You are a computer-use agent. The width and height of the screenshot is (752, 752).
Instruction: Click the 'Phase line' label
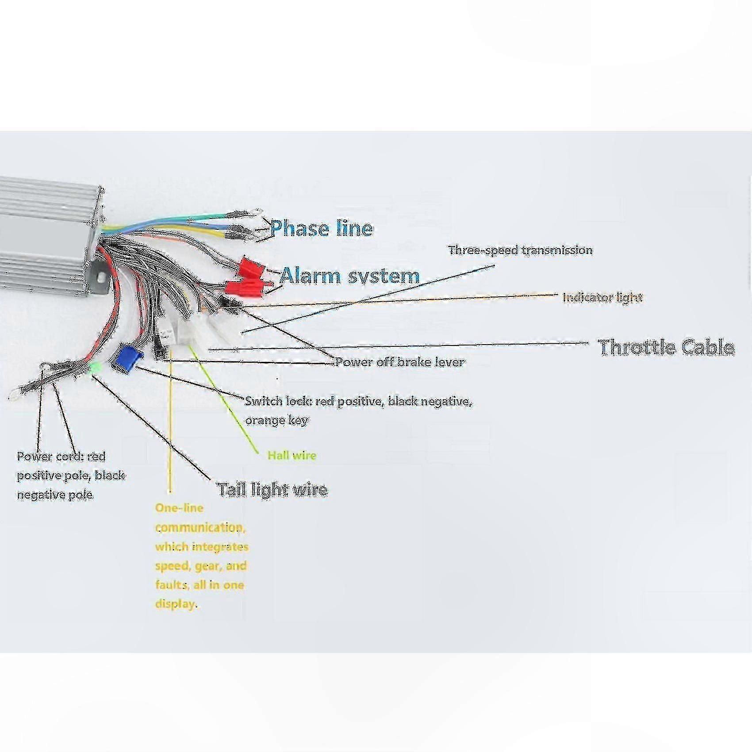coord(322,228)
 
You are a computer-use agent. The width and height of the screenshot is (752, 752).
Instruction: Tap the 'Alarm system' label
coord(349,276)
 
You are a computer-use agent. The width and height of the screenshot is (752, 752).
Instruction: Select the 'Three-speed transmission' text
coord(520,250)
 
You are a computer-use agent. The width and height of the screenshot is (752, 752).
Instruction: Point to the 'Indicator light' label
coord(602,297)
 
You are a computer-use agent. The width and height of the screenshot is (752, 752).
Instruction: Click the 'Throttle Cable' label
coord(666,347)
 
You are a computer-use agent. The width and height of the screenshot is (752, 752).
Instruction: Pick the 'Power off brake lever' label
coord(400,362)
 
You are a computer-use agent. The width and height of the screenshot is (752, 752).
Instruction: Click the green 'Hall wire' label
coord(292,455)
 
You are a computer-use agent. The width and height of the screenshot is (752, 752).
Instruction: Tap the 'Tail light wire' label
coord(272,489)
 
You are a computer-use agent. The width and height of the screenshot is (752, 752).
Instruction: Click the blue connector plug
coord(127,360)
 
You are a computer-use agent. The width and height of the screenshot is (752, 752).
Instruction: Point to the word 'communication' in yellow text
coord(200,527)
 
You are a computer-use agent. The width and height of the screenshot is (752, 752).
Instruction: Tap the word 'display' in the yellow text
coord(175,604)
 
